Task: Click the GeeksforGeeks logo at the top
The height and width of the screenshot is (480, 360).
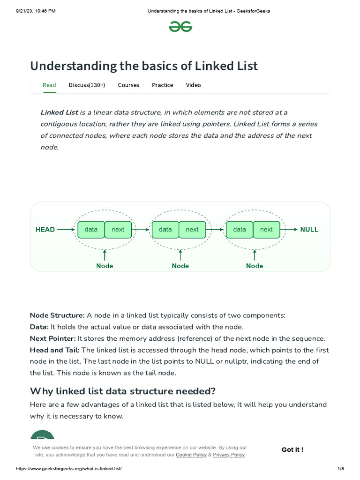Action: (180, 28)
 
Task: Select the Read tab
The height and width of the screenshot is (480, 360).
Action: (49, 85)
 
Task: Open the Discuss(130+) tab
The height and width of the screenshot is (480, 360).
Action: (87, 85)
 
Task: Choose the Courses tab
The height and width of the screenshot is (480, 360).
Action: (128, 85)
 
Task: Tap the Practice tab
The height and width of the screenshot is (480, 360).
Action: (162, 85)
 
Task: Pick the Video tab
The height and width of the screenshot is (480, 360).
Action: (193, 85)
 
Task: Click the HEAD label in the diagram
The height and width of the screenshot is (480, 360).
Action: (45, 230)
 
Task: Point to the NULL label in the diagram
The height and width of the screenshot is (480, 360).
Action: (309, 230)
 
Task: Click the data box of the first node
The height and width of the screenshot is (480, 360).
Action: (91, 230)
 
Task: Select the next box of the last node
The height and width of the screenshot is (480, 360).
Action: (266, 230)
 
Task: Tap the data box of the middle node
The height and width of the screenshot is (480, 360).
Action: (165, 230)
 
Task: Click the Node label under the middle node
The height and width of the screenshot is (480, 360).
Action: (180, 266)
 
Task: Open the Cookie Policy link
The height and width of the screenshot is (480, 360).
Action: (191, 455)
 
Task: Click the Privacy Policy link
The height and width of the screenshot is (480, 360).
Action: (229, 455)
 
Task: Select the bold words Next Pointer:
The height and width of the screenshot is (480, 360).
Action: (52, 338)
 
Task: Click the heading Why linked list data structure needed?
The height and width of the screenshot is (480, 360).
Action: (122, 391)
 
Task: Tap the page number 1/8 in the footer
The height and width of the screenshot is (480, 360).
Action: (341, 469)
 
